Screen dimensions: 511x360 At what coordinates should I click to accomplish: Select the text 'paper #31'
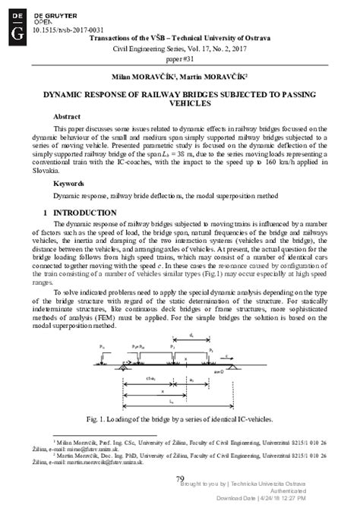(x=180, y=58)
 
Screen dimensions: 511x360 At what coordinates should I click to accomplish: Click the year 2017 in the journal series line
(x=244, y=47)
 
